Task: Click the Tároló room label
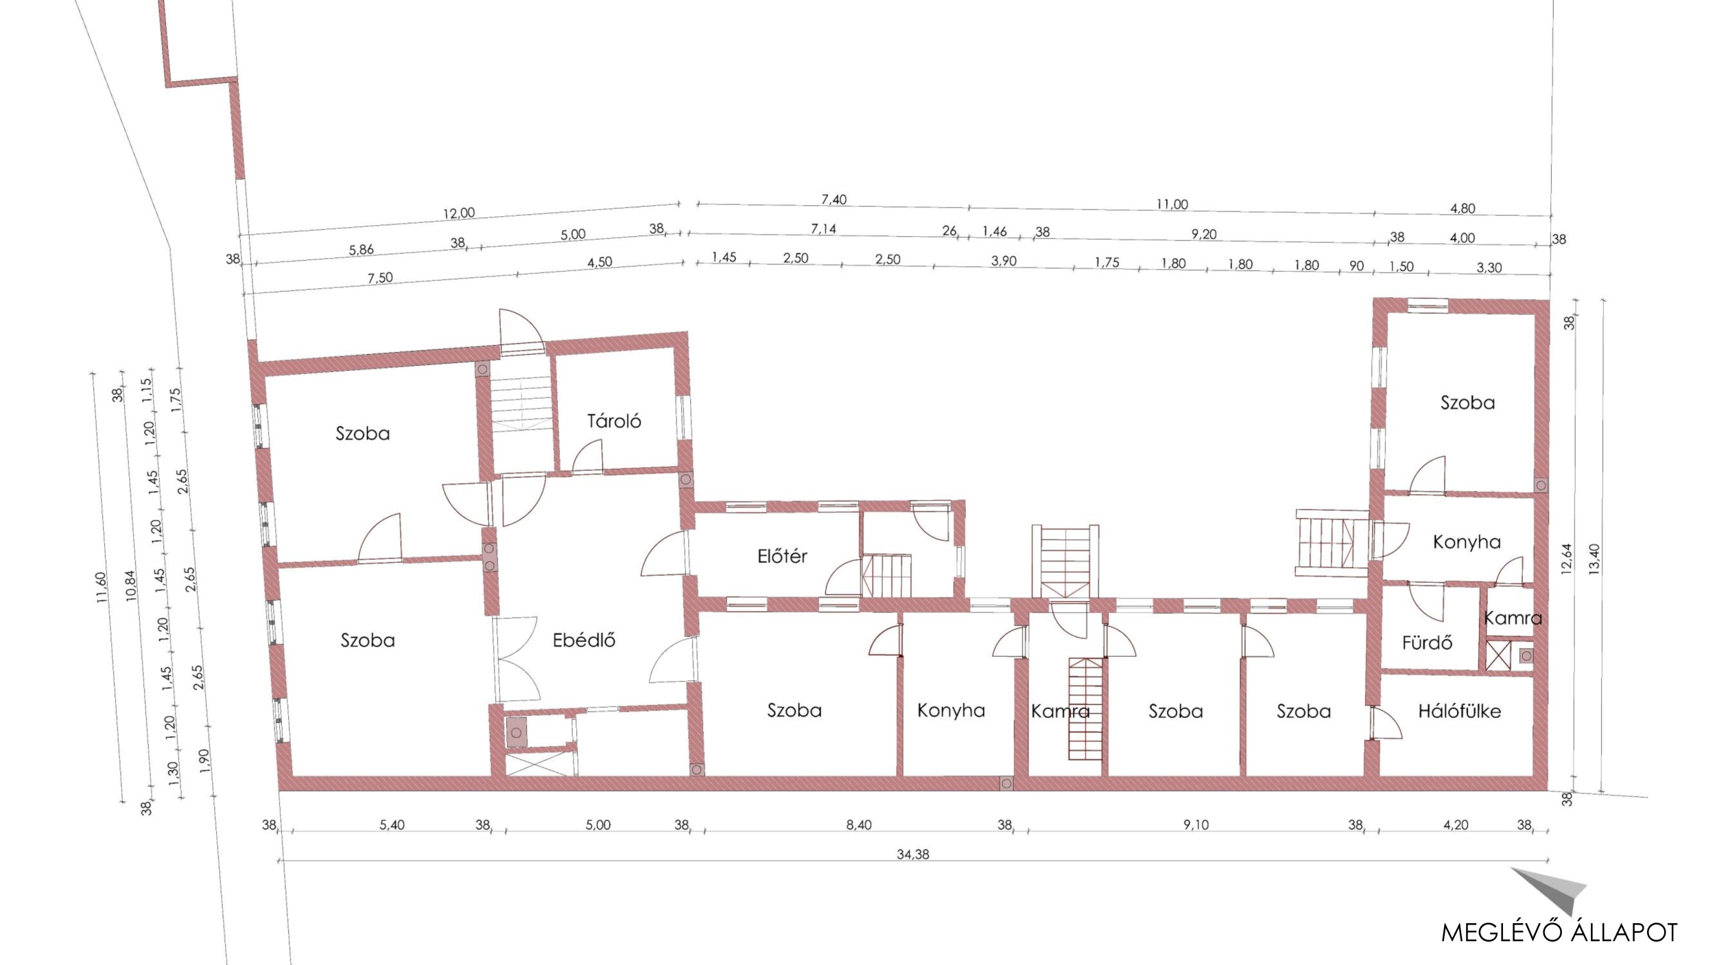click(614, 421)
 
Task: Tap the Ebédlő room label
click(584, 640)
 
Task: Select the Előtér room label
click(782, 556)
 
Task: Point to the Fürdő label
click(1427, 642)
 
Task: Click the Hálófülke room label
click(1459, 711)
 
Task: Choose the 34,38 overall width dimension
click(913, 854)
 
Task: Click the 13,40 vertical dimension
click(1594, 559)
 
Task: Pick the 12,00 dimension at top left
click(459, 213)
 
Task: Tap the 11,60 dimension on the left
click(102, 588)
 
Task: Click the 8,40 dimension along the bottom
click(858, 824)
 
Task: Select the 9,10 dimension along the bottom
click(1196, 824)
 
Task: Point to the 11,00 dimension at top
click(1172, 204)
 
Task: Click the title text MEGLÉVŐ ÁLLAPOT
click(1559, 932)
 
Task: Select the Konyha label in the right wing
click(1467, 542)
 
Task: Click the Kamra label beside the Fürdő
click(1513, 618)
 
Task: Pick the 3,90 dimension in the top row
click(1004, 261)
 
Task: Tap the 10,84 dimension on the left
click(131, 585)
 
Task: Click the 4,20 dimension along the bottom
click(1456, 824)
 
